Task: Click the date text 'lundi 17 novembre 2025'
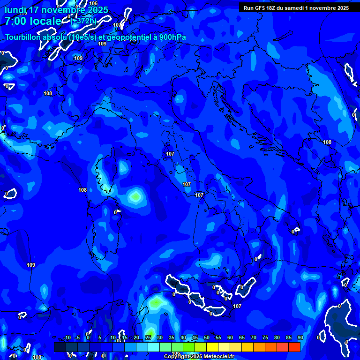tap(56, 10)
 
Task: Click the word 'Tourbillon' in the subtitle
tap(25, 37)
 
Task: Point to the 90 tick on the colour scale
tap(300, 338)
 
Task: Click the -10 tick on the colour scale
tap(67, 338)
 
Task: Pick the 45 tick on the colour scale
tap(195, 338)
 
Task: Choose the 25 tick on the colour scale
tap(148, 338)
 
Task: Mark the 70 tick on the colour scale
tap(254, 338)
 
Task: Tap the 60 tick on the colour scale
tap(230, 338)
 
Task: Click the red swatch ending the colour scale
tap(294, 347)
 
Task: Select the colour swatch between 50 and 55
tap(212, 347)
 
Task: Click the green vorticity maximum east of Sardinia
tap(135, 196)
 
